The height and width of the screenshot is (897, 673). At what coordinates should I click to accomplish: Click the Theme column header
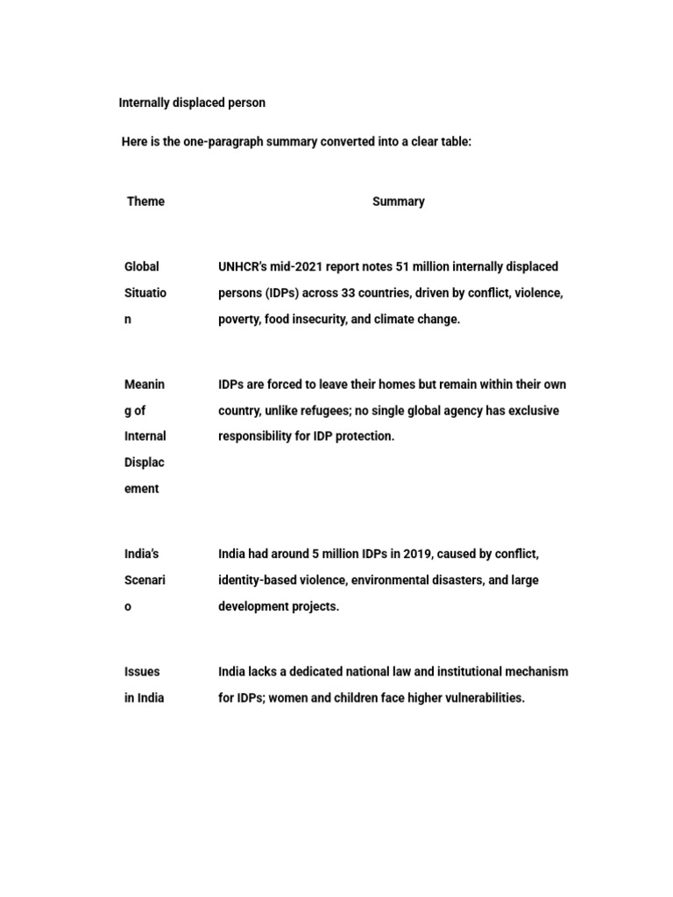(x=145, y=201)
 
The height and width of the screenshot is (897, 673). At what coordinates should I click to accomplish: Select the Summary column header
(x=398, y=201)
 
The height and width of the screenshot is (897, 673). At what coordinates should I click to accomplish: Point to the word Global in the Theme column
(x=142, y=266)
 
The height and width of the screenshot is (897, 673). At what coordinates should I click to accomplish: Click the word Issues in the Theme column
(x=142, y=672)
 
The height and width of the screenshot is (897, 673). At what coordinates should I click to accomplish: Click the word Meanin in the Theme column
(x=145, y=384)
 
